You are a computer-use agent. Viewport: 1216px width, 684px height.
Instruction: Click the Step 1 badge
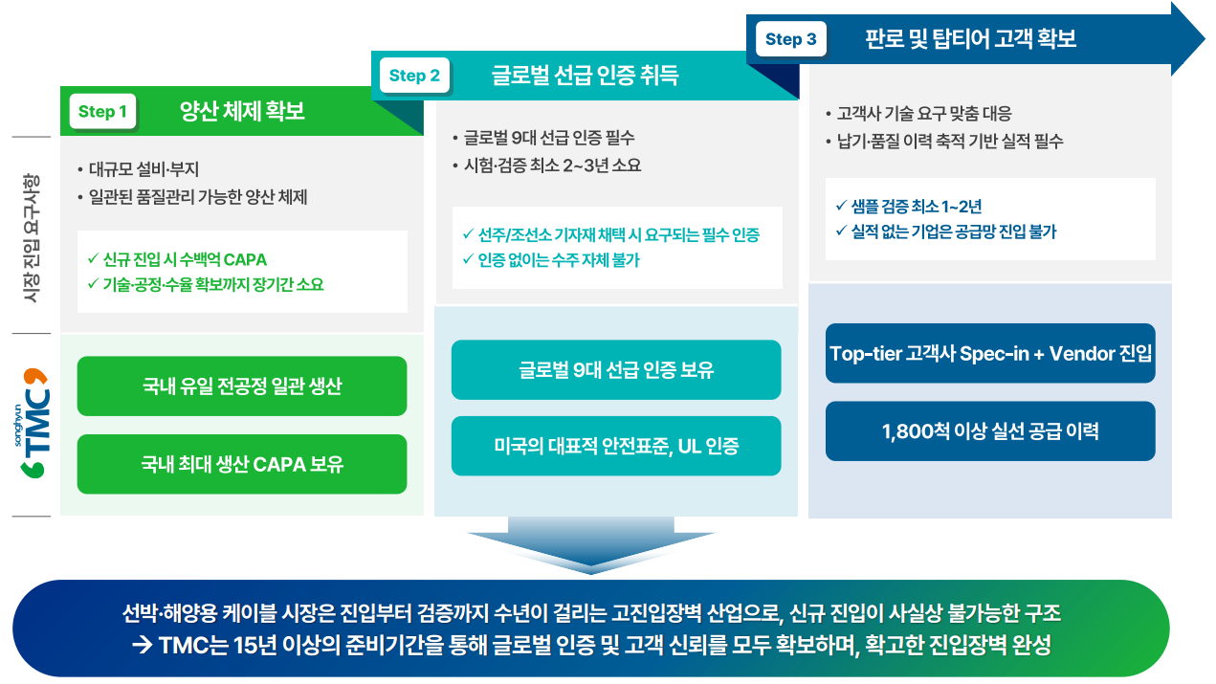[x=102, y=112]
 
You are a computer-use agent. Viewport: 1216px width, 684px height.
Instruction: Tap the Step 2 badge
[x=414, y=76]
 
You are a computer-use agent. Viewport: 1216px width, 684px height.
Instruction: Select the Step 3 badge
[x=790, y=39]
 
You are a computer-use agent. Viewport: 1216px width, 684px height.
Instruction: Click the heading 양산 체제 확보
[x=242, y=111]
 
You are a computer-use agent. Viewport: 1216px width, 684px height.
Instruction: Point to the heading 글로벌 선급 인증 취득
[x=585, y=75]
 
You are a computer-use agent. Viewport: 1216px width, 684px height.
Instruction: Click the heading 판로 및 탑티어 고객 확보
[x=970, y=38]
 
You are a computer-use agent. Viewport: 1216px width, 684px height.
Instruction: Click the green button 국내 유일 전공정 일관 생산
[x=241, y=386]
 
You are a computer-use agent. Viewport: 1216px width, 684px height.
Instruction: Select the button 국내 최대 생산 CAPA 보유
[x=241, y=465]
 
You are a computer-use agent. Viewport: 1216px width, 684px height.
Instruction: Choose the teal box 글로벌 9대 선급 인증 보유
[x=616, y=370]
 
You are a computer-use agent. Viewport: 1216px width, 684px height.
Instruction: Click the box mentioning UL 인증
[x=616, y=446]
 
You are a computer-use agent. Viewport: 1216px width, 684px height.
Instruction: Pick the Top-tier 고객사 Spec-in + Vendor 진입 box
[x=990, y=353]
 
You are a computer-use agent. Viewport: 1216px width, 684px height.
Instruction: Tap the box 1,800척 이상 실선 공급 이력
[x=990, y=431]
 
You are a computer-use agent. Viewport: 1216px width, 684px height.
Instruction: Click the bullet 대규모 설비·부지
[x=143, y=170]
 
